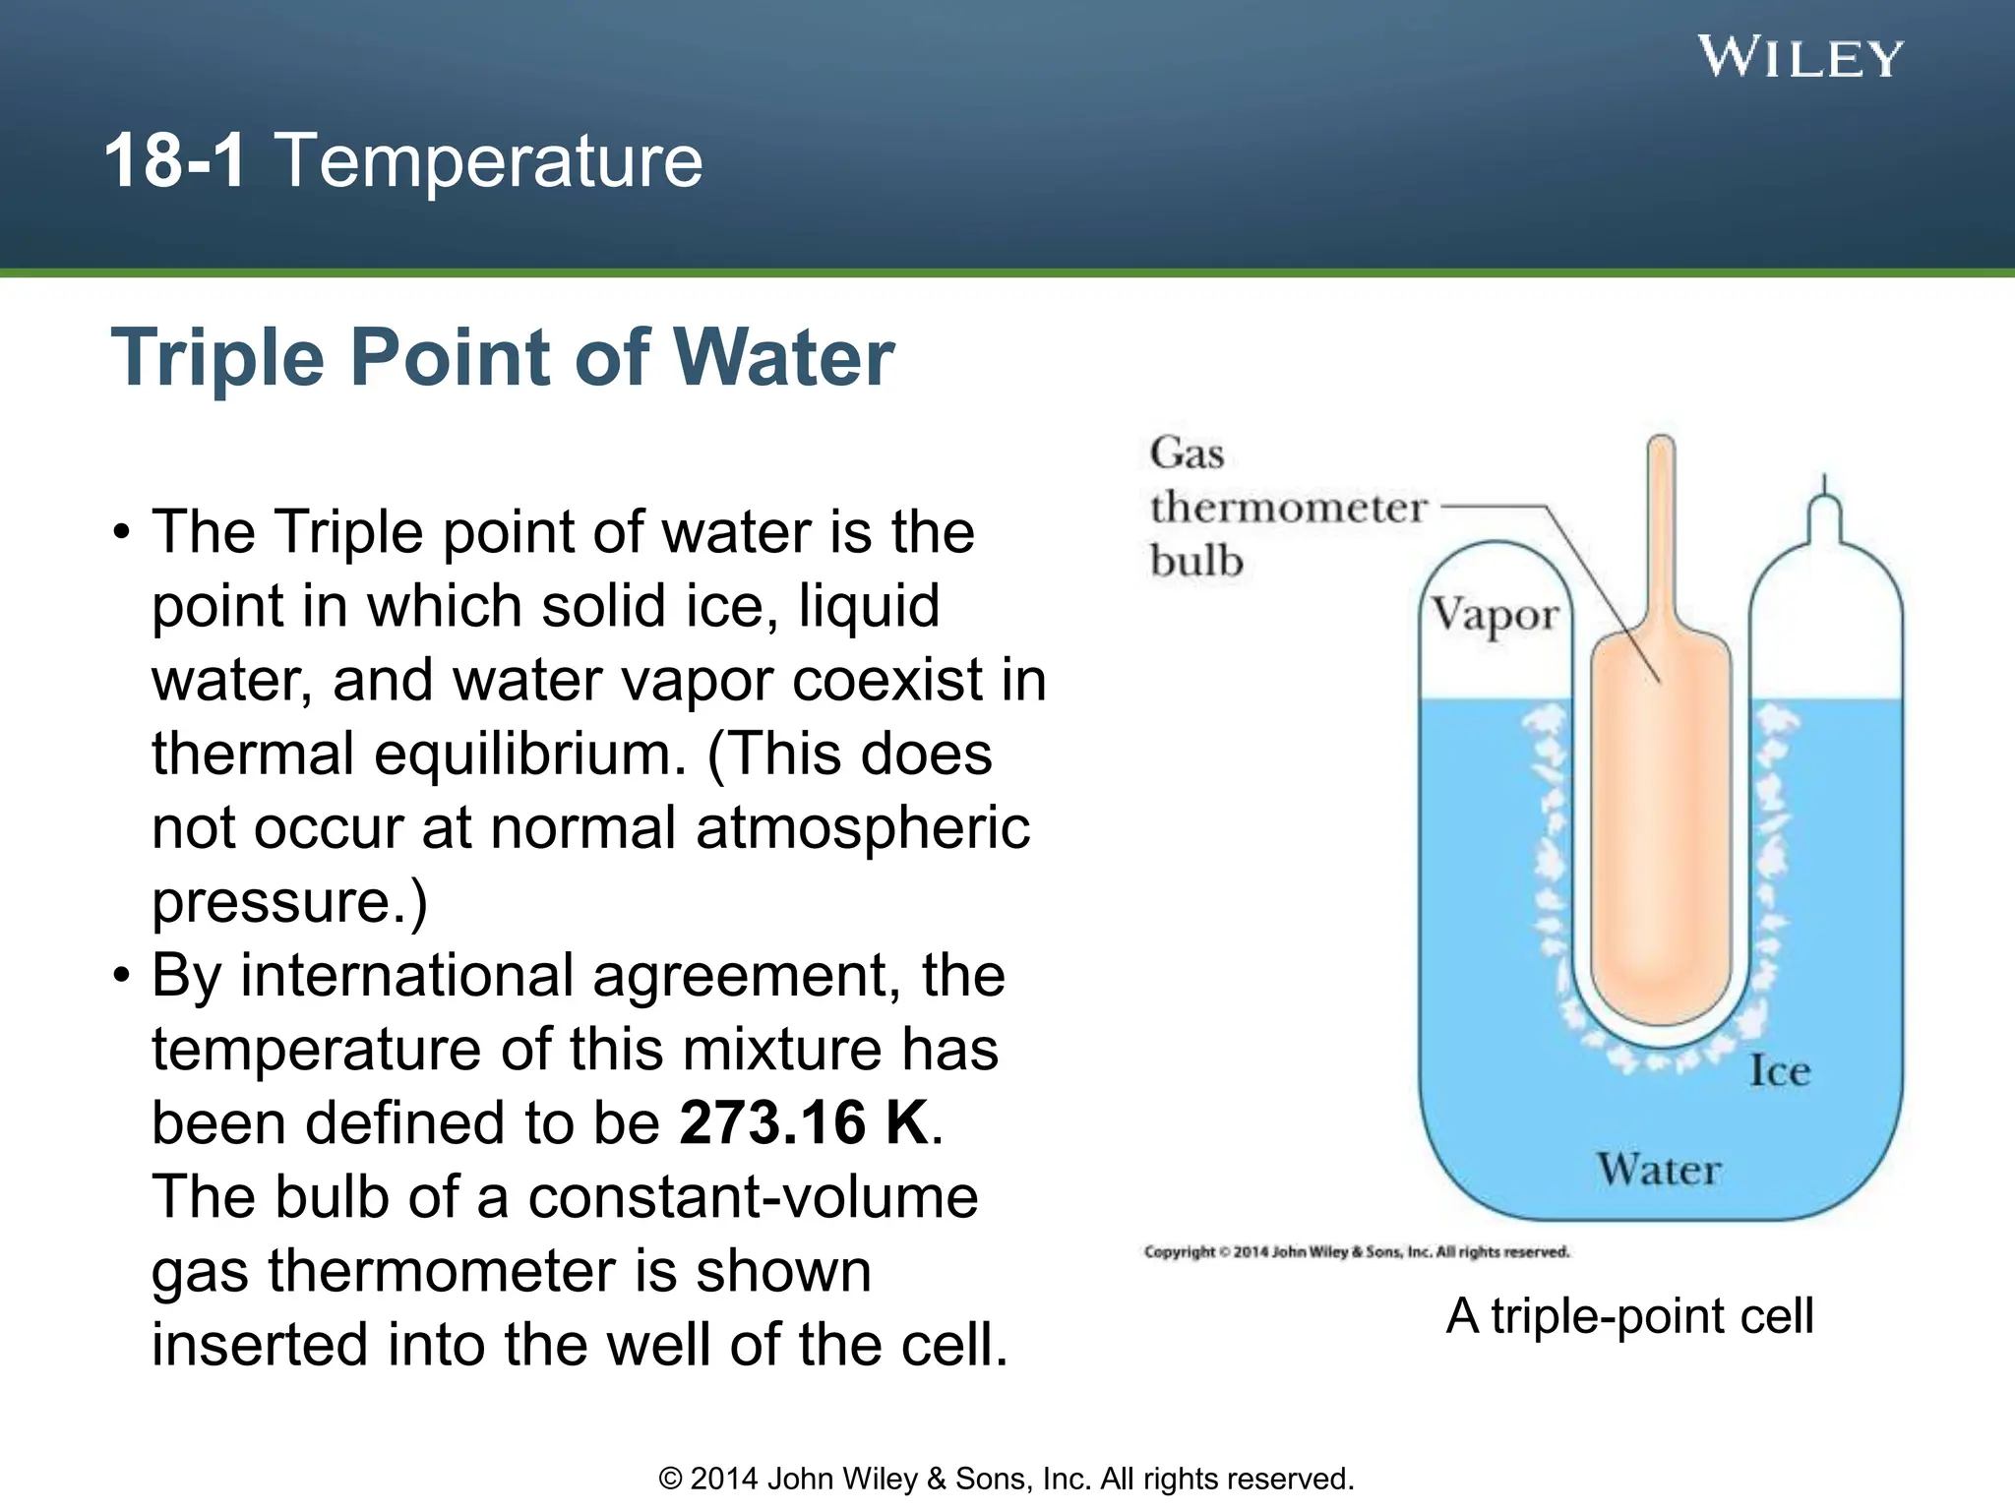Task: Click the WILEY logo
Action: [1801, 58]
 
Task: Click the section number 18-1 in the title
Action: [175, 160]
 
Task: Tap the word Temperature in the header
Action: [489, 160]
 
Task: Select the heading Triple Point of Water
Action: [503, 357]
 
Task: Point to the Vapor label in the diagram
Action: [1495, 616]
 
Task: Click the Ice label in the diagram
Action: [1779, 1071]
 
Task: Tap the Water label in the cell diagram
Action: [1659, 1170]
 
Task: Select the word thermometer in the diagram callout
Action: [1288, 508]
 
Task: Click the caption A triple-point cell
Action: [1629, 1315]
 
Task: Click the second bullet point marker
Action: [121, 977]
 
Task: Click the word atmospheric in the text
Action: [863, 828]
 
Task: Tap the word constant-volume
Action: [753, 1197]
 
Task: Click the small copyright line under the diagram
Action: [1357, 1252]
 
